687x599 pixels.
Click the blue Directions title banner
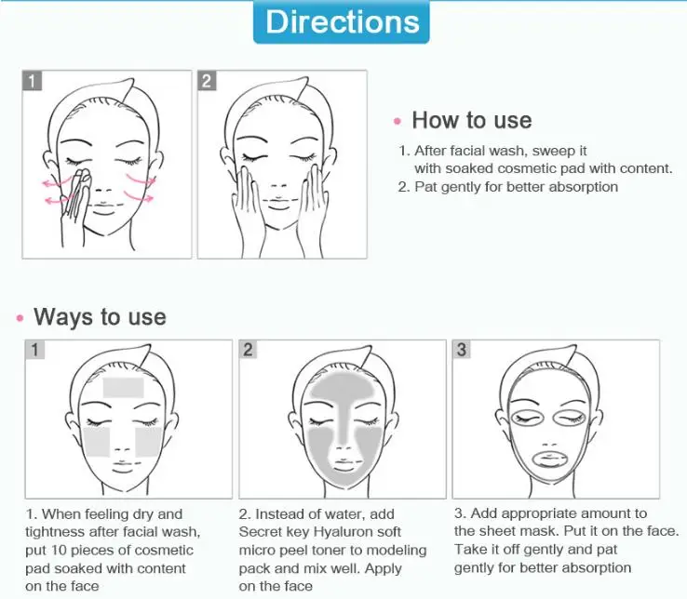click(x=342, y=21)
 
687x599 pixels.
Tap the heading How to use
click(x=471, y=120)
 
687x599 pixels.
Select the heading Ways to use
click(x=100, y=316)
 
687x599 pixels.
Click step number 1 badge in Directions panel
click(x=33, y=81)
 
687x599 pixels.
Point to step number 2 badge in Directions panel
click(x=207, y=81)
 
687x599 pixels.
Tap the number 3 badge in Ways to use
click(x=463, y=350)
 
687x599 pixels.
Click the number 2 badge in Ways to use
click(x=249, y=350)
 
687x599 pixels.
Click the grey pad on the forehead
click(x=124, y=387)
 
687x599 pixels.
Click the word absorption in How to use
click(x=583, y=186)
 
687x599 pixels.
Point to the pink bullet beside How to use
click(x=397, y=121)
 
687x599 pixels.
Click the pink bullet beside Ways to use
click(x=20, y=318)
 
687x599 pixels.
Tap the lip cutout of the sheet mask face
click(x=555, y=459)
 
